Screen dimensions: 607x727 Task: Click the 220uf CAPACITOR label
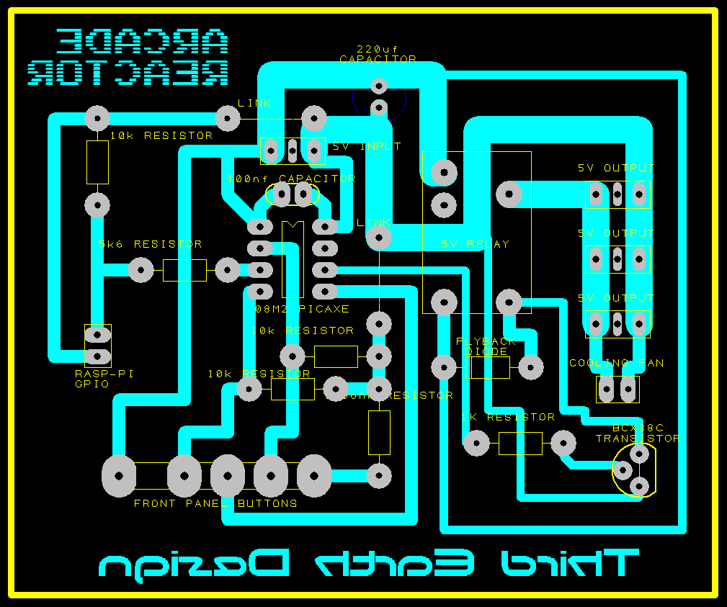tap(378, 54)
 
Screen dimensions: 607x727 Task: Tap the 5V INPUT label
tap(366, 146)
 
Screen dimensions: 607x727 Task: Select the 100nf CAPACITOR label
tap(291, 179)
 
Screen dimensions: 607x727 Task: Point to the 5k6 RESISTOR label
tap(150, 244)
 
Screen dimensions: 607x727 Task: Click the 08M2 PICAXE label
tap(303, 309)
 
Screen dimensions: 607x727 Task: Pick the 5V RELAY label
tap(475, 244)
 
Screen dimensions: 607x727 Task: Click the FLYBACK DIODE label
tap(486, 346)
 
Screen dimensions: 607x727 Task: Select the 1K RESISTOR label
tap(509, 417)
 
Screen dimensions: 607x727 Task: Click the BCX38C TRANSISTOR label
tap(637, 433)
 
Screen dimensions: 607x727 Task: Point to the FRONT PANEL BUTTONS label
tap(215, 503)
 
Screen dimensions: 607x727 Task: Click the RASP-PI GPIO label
tap(104, 379)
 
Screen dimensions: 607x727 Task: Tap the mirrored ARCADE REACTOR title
tap(128, 58)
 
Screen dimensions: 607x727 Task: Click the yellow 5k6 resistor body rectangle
tap(184, 270)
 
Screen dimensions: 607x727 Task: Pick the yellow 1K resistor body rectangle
tap(519, 443)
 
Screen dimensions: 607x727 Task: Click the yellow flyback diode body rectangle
tap(490, 367)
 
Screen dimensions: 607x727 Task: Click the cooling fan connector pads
tap(617, 390)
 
